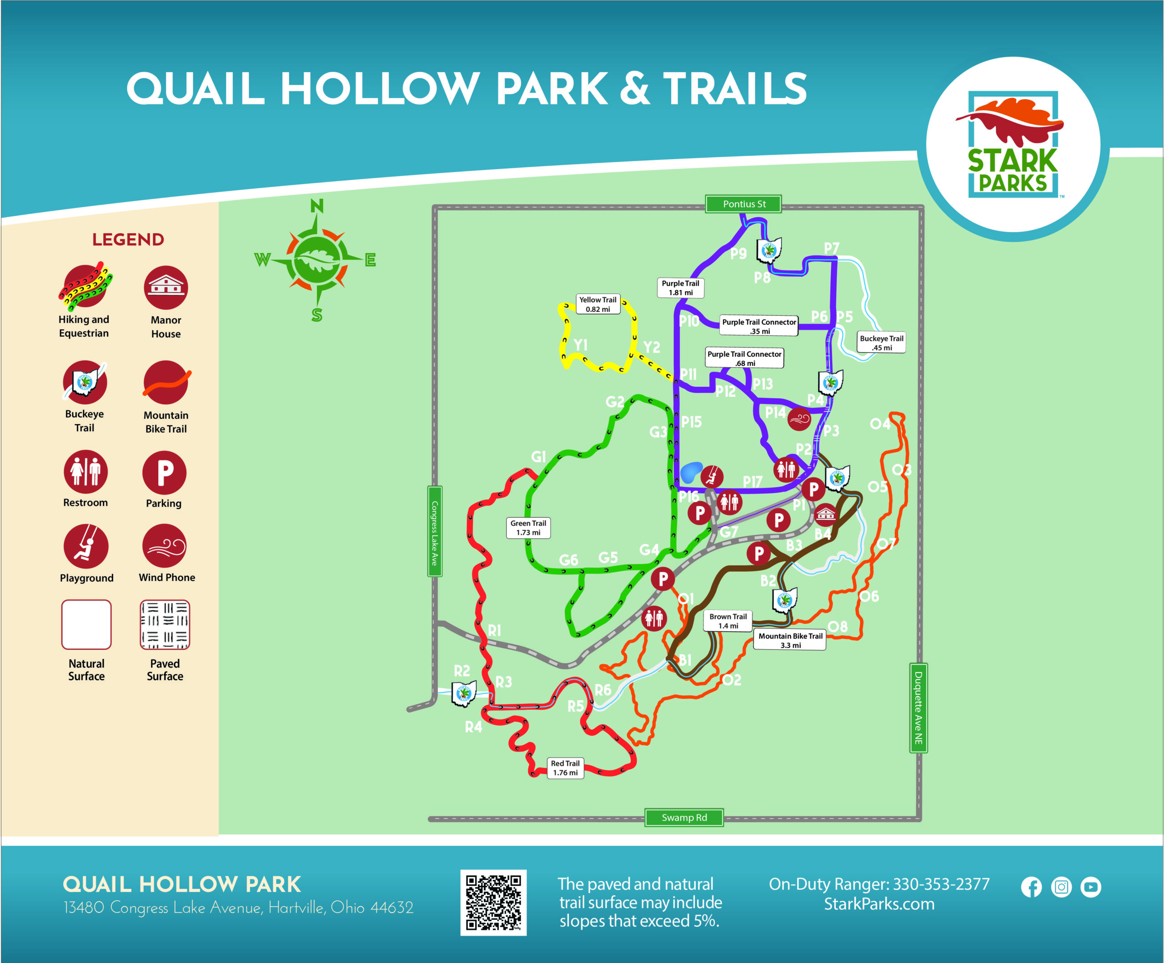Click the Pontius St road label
click(x=743, y=204)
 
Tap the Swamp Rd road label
click(x=684, y=817)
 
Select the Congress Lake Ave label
click(x=435, y=531)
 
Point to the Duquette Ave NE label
click(x=918, y=708)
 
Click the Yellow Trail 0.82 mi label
click(x=597, y=304)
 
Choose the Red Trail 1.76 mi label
click(x=565, y=768)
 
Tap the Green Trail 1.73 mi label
click(x=528, y=528)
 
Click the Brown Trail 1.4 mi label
click(x=728, y=621)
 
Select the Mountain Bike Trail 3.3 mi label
click(x=790, y=640)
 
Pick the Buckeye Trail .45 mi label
click(x=881, y=342)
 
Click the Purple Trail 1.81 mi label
click(x=680, y=288)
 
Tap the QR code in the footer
click(x=493, y=902)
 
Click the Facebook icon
click(x=1031, y=887)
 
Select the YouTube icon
click(x=1090, y=887)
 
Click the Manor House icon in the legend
click(x=166, y=287)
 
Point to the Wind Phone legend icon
click(x=165, y=546)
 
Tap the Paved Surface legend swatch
click(x=165, y=624)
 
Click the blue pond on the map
click(x=691, y=472)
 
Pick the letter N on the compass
click(x=316, y=206)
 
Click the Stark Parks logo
click(x=1013, y=145)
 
